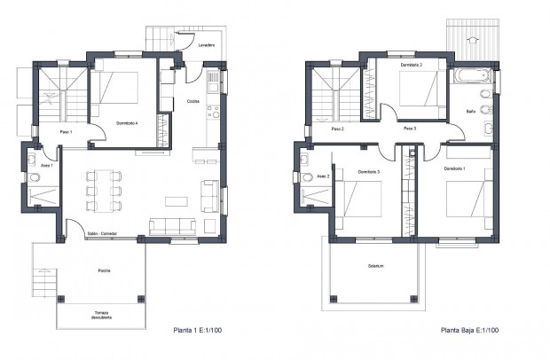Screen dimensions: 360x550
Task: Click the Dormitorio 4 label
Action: point(129,122)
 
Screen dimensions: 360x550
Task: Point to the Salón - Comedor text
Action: point(101,234)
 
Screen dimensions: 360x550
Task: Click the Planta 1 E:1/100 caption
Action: point(196,331)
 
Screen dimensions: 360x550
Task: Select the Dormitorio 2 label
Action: point(409,65)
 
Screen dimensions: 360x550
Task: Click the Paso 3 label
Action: point(409,129)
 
